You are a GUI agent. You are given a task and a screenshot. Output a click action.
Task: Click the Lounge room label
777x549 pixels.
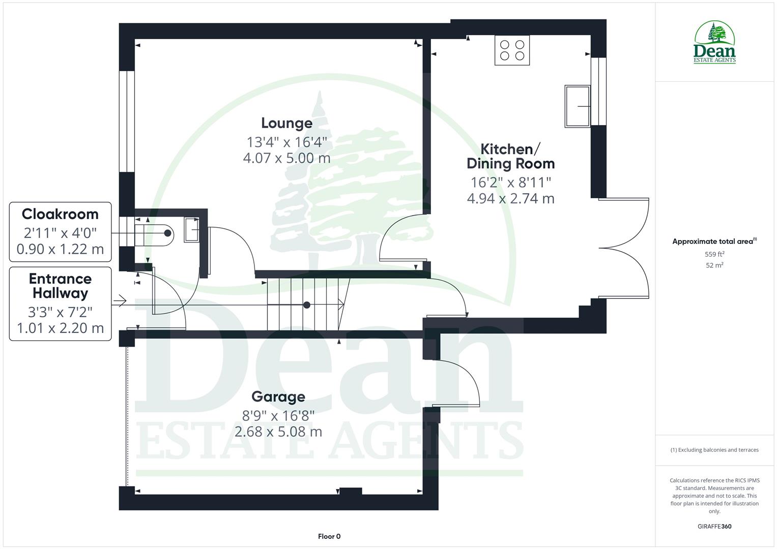coord(286,123)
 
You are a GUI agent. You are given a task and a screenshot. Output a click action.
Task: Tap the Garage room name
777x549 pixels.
coord(278,396)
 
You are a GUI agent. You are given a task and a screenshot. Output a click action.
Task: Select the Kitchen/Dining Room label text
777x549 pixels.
coord(510,156)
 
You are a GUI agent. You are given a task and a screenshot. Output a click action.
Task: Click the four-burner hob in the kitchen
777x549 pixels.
coord(512,50)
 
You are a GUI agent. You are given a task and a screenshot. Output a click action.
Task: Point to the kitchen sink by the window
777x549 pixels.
coord(577,106)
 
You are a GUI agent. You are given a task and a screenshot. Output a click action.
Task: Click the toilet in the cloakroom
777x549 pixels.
coord(159,233)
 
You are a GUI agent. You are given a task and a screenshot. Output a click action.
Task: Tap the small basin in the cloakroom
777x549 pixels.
coord(191,229)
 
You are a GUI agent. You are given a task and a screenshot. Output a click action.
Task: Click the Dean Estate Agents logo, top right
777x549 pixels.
coord(715,43)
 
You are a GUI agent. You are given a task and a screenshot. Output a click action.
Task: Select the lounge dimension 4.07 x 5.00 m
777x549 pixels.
coord(286,158)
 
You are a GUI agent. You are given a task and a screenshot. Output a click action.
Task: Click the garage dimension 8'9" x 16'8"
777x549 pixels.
coord(278,416)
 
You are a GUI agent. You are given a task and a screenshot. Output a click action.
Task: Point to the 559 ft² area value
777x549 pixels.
coord(714,254)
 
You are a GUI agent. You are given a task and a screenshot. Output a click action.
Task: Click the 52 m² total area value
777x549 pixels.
coord(714,265)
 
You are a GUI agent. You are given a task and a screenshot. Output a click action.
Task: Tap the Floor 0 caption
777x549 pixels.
coord(329,536)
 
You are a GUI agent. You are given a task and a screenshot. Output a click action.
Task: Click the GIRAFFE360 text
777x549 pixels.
coord(714,527)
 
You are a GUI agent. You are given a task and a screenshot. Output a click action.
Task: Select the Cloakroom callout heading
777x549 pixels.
coord(60,214)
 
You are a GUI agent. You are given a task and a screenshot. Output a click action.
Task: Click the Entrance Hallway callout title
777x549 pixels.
coord(60,286)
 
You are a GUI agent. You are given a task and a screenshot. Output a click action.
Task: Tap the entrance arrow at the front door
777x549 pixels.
coord(120,301)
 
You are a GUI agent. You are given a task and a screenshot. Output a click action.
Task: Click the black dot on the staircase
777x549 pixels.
coord(307,305)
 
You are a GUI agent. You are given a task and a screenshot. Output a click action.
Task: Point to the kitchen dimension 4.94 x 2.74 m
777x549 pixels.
coord(510,198)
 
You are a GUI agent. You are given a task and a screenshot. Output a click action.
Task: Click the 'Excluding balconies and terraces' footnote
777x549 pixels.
coord(714,450)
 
